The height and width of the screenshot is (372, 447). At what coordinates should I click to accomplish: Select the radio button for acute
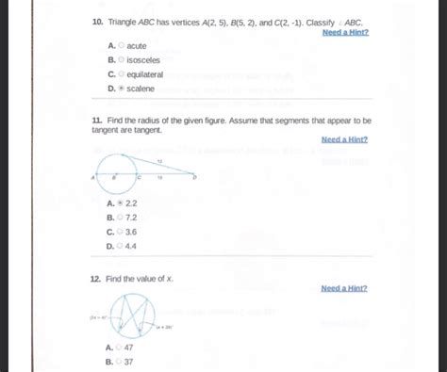[121, 46]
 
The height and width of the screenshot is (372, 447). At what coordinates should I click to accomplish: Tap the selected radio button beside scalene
[121, 89]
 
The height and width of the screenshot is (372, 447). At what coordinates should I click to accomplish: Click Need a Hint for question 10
[344, 32]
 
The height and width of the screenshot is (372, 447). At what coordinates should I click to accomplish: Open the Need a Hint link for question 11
[344, 139]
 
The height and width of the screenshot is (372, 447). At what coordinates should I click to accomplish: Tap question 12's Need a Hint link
[344, 288]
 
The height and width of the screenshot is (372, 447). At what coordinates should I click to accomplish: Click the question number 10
[96, 20]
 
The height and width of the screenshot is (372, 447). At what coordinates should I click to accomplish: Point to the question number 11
[96, 121]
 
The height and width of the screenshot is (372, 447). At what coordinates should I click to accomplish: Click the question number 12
[96, 280]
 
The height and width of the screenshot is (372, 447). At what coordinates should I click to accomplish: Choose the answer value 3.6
[131, 232]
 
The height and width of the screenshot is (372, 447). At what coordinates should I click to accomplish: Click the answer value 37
[129, 361]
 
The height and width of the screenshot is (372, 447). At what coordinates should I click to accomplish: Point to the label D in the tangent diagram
[195, 176]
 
